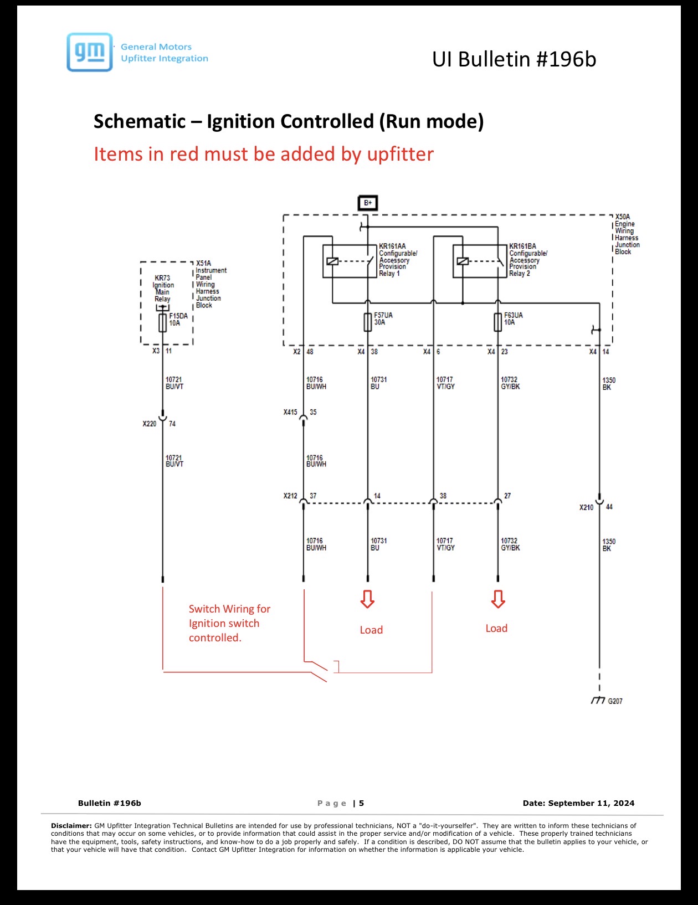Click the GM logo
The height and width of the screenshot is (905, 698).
pos(90,52)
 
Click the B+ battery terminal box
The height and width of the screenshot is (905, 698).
pos(368,203)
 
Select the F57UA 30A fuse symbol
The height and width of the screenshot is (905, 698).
pos(368,322)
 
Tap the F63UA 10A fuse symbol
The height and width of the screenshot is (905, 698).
pos(497,322)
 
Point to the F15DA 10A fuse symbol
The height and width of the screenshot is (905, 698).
pos(162,323)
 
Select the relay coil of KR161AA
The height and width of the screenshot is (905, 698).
pos(332,261)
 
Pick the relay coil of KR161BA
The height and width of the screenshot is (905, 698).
pos(463,261)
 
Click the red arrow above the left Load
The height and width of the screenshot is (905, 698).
pos(367,599)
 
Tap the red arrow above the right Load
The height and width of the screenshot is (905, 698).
pos(498,599)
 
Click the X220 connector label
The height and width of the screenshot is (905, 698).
pos(149,424)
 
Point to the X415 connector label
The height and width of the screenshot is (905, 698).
pos(290,412)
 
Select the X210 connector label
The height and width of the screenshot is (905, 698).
pos(587,507)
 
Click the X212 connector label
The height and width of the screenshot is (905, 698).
pos(290,496)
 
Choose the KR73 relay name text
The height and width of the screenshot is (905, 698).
pos(162,278)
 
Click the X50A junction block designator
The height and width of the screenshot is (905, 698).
pos(623,217)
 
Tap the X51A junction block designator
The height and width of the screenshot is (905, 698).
pos(204,264)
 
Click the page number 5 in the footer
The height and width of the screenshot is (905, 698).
pos(362,803)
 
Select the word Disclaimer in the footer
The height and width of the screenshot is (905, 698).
pos(71,825)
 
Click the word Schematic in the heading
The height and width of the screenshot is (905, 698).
pos(140,122)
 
